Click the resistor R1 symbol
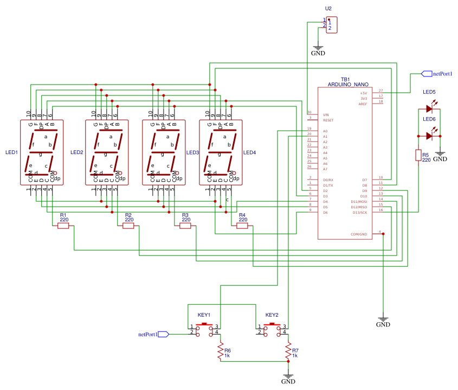pyautogui.click(x=63, y=226)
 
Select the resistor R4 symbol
pyautogui.click(x=242, y=226)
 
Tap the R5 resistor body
pyautogui.click(x=418, y=155)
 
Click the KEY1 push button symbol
pyautogui.click(x=204, y=329)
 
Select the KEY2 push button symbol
pyautogui.click(x=272, y=329)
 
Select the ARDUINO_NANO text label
pyautogui.click(x=348, y=85)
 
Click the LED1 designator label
pyautogui.click(x=11, y=152)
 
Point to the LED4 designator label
pyautogui.click(x=249, y=152)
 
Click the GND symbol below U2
pyautogui.click(x=318, y=50)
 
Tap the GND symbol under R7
pyautogui.click(x=288, y=378)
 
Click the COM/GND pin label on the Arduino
pyautogui.click(x=359, y=234)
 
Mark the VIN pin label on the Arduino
pyautogui.click(x=326, y=115)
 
